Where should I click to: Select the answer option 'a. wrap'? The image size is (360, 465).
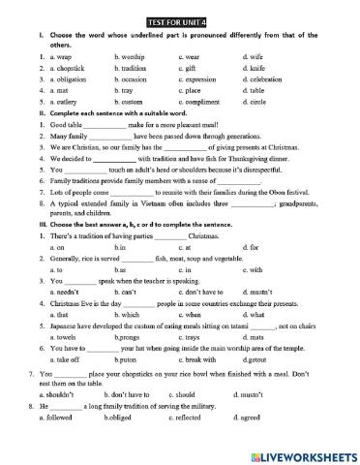pos(56,57)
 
